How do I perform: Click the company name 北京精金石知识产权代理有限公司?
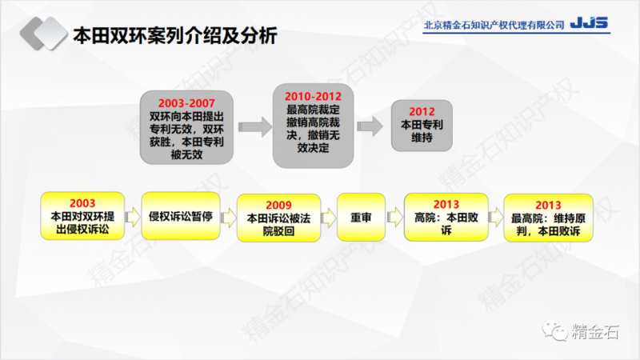click(493, 25)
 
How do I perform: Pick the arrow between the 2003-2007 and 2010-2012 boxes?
click(254, 126)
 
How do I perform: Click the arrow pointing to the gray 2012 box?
click(370, 126)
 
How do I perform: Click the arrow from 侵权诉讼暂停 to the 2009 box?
click(226, 215)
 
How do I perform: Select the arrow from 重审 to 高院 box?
click(394, 215)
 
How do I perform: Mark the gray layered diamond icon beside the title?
click(41, 36)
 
